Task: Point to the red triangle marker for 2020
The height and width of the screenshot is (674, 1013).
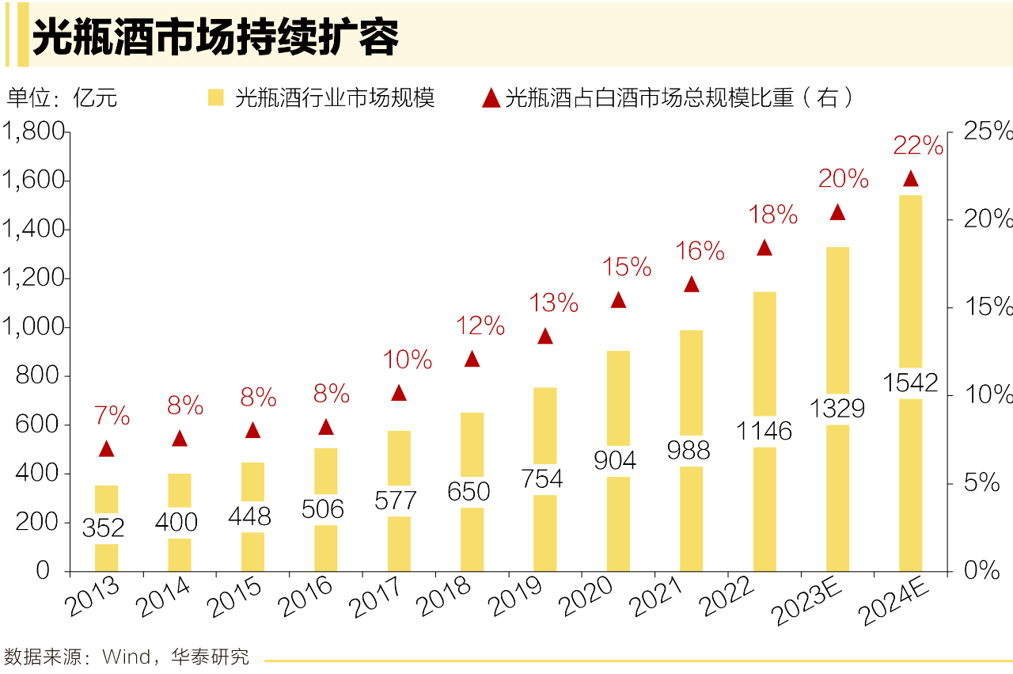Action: tap(618, 300)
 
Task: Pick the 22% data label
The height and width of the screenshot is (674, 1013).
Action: tap(918, 146)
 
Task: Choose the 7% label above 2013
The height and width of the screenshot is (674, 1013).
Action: tap(112, 415)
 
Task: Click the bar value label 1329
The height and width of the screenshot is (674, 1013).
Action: tap(837, 409)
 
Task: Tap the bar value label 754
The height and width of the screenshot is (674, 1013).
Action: tap(545, 479)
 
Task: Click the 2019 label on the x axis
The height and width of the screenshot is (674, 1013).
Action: tap(516, 598)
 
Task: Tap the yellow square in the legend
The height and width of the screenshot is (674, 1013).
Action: tap(216, 97)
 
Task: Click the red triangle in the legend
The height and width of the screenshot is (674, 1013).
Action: tap(491, 98)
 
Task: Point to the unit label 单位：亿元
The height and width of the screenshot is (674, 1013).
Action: tap(62, 98)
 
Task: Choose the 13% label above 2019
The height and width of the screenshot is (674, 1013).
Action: tap(555, 303)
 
